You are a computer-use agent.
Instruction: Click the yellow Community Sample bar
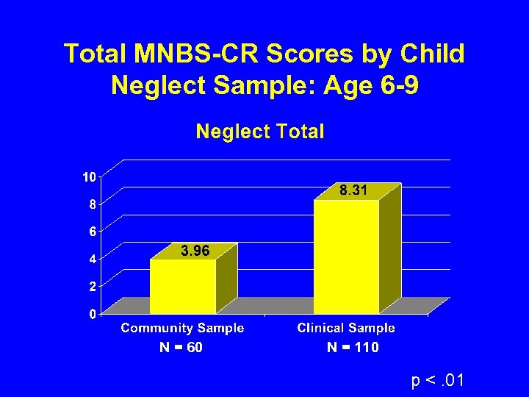(183, 287)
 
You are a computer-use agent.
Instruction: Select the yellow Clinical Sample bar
(346, 257)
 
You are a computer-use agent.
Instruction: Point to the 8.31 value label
(353, 190)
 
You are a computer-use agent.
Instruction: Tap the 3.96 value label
(195, 251)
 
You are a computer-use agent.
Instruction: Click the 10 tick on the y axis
(87, 176)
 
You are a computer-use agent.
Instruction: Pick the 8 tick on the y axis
(91, 204)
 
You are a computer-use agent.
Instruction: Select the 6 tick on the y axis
(91, 232)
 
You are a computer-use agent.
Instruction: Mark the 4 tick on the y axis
(91, 259)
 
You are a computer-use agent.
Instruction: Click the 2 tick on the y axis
(91, 286)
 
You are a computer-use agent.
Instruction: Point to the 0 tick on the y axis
(91, 314)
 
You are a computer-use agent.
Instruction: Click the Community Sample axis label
(182, 328)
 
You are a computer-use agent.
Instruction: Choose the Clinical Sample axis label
(346, 328)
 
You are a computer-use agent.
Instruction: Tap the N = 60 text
(181, 348)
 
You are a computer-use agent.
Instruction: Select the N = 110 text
(353, 348)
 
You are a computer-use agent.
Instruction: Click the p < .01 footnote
(438, 380)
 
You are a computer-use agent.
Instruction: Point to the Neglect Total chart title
(259, 132)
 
